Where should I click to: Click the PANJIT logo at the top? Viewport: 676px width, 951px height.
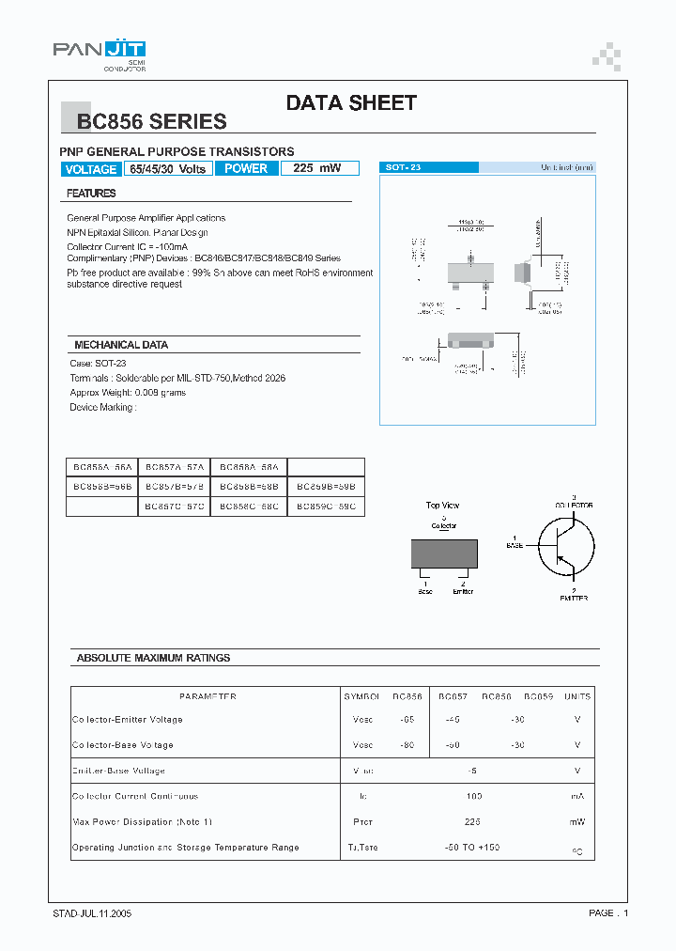click(x=99, y=52)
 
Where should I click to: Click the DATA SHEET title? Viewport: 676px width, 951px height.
click(x=351, y=103)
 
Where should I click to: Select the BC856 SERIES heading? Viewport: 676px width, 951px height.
click(x=151, y=121)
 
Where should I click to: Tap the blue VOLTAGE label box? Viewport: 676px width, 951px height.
click(x=91, y=169)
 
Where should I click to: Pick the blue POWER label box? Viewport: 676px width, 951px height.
click(x=246, y=168)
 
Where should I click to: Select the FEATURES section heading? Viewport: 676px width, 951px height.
click(x=91, y=194)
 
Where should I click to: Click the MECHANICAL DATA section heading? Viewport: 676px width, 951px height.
click(x=121, y=345)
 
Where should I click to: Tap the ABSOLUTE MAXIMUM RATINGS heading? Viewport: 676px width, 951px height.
click(x=153, y=658)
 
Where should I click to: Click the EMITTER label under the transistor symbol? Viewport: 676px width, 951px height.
click(x=574, y=598)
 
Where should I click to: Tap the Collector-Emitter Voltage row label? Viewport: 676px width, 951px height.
click(x=128, y=720)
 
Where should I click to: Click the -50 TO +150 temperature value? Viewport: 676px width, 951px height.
click(x=473, y=848)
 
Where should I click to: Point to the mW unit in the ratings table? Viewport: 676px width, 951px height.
click(x=576, y=822)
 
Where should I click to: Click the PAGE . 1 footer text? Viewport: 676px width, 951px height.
click(x=608, y=913)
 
